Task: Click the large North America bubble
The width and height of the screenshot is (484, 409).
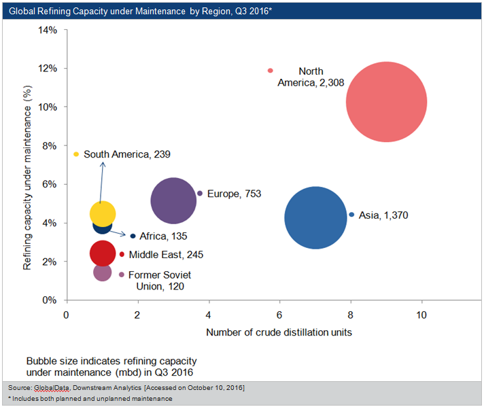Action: point(386,102)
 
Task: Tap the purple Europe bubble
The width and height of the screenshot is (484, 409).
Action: point(173,200)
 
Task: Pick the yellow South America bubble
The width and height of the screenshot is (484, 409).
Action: point(103,213)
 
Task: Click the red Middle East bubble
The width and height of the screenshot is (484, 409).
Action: point(103,253)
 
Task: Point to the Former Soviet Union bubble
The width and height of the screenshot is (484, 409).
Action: point(103,272)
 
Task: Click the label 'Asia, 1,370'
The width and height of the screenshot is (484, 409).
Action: point(383,215)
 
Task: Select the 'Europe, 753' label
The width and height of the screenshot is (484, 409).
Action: point(234,194)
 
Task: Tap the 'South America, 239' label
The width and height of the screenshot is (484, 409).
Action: point(126,155)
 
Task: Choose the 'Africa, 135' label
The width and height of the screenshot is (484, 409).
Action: point(163,236)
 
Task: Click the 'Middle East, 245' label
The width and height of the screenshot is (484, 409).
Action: point(166,255)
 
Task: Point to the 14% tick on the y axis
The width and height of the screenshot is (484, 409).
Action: point(47,30)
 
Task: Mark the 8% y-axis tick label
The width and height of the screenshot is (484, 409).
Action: point(50,145)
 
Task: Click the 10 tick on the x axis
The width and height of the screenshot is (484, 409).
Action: point(422,315)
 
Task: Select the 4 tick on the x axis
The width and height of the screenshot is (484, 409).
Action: point(209,315)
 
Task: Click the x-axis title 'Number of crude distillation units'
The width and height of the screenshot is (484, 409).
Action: point(279,332)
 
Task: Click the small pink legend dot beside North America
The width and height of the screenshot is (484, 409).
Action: point(270,71)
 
